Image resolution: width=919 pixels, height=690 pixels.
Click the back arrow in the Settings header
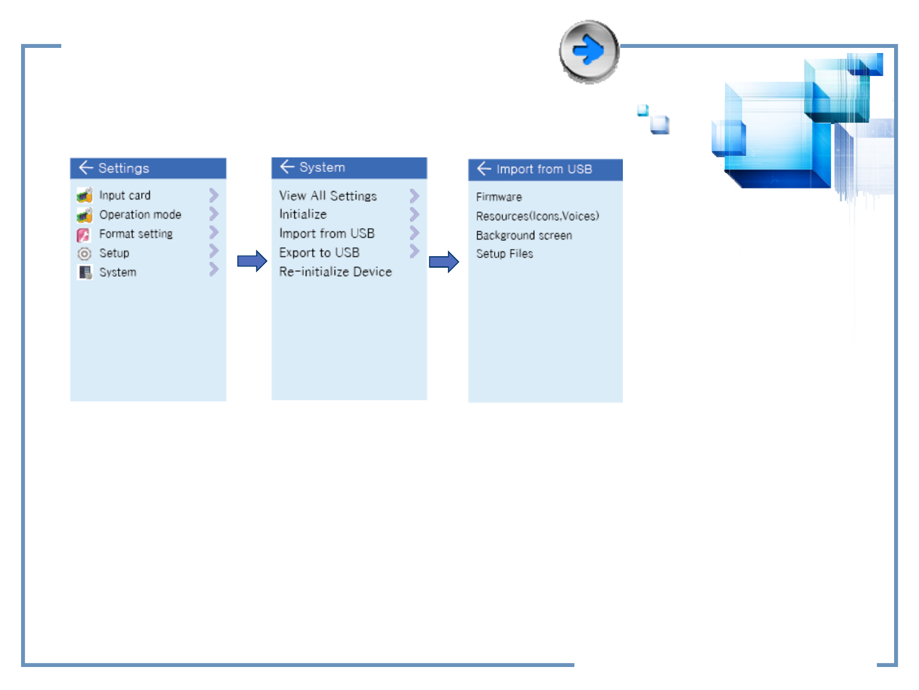coord(86,167)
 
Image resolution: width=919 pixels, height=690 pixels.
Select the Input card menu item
coord(124,195)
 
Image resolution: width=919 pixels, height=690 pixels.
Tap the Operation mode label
coord(140,215)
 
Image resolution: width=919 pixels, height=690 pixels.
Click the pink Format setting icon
coord(84,234)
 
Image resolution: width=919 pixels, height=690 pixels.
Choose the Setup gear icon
coord(84,254)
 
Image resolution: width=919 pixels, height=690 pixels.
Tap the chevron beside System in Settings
coord(214,270)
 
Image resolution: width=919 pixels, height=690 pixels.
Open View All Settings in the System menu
coord(328,195)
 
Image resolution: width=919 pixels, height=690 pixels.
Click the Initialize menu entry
coord(303,214)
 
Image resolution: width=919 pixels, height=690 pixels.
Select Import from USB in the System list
coord(327,233)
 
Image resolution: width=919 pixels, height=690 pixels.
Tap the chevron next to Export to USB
coord(414,251)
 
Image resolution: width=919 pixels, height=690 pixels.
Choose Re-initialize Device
coord(335,272)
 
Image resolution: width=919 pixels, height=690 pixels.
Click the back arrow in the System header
coord(287,166)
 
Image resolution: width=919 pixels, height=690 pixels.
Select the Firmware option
coord(498,197)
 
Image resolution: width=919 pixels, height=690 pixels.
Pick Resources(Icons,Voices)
coord(537,216)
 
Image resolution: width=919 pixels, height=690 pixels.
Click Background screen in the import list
coord(524,236)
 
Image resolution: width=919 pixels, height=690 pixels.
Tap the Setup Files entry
coord(505,254)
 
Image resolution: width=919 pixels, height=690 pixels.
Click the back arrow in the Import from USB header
coord(484,169)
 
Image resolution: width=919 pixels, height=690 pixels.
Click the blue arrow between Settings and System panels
coord(252,261)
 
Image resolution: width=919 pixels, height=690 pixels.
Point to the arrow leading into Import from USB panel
coord(444,262)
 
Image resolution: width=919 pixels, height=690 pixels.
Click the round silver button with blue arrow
coord(588,51)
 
